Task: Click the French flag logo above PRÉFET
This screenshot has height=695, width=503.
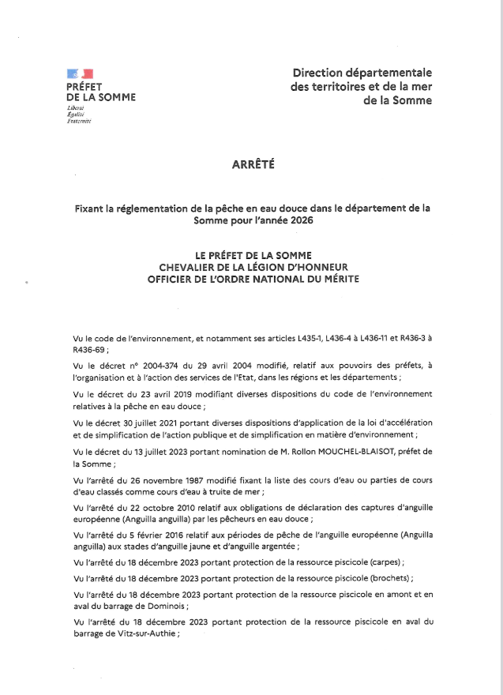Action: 81,74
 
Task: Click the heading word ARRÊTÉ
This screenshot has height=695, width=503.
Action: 253,165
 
